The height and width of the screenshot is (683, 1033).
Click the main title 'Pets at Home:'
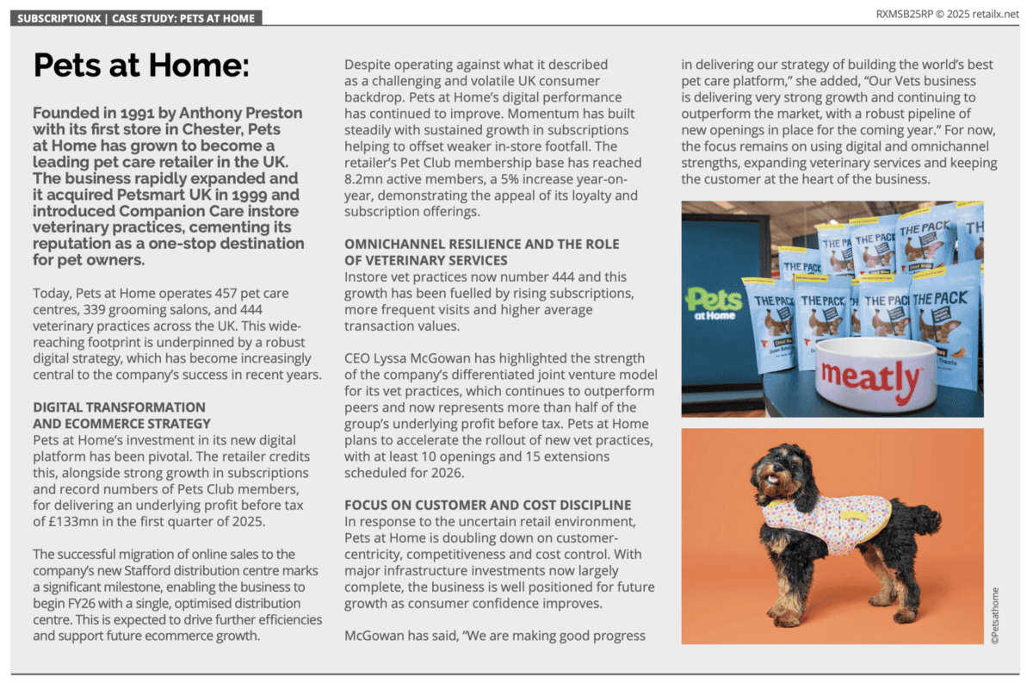coord(140,66)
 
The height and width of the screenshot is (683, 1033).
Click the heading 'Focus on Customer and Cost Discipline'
coord(488,505)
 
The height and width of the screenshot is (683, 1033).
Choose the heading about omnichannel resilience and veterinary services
coord(481,252)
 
